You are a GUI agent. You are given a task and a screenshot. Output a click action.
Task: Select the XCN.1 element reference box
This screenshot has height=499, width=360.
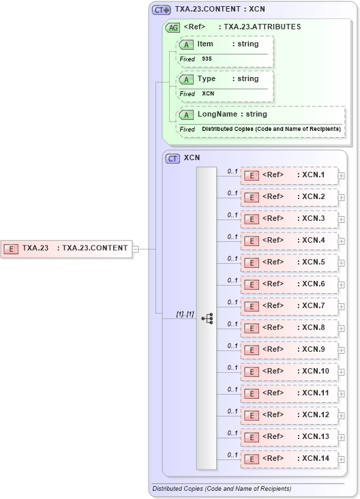(x=289, y=175)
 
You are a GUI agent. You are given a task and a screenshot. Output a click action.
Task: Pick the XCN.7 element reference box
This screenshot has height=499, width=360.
(x=289, y=306)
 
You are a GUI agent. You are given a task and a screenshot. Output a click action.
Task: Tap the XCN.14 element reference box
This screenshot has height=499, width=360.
(x=289, y=459)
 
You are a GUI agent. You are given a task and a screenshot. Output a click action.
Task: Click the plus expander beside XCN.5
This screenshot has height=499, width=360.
(x=342, y=262)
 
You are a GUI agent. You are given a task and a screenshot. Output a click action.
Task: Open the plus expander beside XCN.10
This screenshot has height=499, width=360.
(x=342, y=372)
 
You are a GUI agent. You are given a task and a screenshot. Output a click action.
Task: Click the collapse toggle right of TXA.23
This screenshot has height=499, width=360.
(x=136, y=248)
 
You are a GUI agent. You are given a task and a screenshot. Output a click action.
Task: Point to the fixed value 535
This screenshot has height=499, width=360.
(x=207, y=59)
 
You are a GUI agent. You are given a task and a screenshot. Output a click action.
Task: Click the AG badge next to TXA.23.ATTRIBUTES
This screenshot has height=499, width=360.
(x=173, y=28)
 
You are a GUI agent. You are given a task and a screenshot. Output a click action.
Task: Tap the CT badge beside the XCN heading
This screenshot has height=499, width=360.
(x=173, y=158)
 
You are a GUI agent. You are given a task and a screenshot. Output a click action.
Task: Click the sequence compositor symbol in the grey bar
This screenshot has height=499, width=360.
(x=207, y=318)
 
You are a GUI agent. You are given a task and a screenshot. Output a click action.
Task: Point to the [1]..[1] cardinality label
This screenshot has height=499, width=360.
(x=185, y=314)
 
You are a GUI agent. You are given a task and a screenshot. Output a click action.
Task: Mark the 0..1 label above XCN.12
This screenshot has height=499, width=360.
(x=232, y=411)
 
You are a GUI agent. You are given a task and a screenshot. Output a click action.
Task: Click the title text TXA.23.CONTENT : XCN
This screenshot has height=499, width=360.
(x=220, y=10)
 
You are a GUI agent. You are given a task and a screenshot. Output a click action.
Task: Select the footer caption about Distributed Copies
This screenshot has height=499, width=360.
(x=222, y=489)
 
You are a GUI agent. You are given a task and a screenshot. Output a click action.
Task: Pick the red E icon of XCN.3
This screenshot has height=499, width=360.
(x=251, y=219)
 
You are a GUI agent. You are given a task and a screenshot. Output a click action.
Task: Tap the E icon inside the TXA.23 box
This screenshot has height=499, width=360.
(x=11, y=248)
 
